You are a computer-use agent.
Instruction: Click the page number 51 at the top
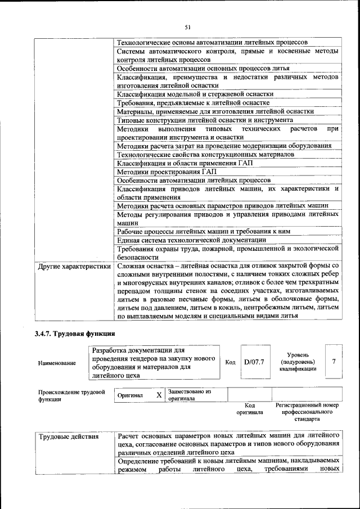point(188,26)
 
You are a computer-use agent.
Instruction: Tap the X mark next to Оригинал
point(159,395)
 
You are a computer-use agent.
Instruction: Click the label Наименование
point(57,363)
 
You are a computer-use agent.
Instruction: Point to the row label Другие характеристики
point(73,266)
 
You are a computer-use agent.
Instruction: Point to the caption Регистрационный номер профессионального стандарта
point(307,412)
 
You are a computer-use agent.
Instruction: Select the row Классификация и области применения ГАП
point(185,163)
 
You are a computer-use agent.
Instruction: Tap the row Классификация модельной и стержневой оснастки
point(195,94)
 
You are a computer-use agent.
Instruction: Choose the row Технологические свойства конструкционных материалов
point(205,154)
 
